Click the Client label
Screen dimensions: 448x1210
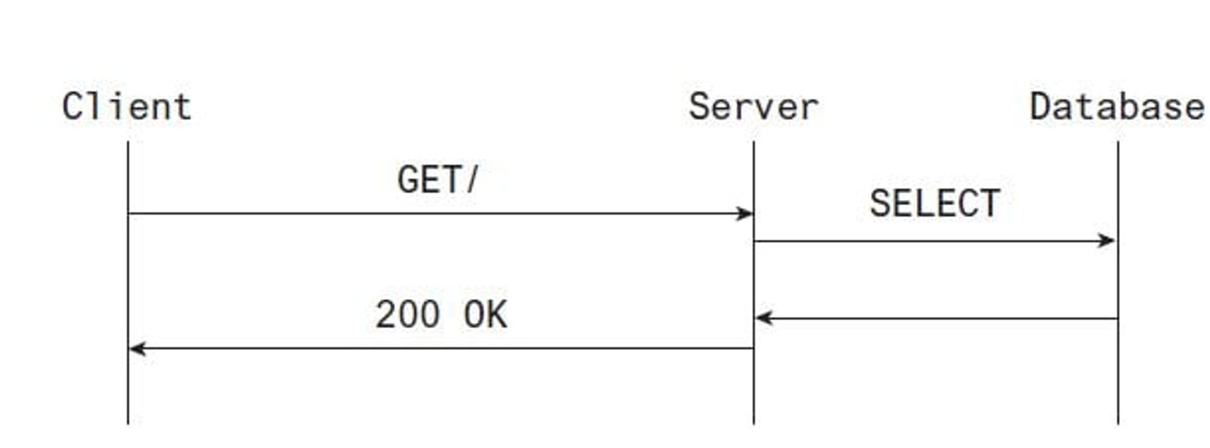127,106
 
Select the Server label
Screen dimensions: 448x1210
754,106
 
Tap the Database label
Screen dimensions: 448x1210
1117,106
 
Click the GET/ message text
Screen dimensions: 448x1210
438,180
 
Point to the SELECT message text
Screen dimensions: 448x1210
935,203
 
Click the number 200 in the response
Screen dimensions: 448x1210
407,314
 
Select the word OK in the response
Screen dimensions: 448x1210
485,314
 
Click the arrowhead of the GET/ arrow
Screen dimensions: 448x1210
746,213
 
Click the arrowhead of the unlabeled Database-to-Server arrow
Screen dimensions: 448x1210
763,318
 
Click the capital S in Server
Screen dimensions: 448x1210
700,106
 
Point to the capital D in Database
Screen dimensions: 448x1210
1041,106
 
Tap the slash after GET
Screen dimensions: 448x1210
472,180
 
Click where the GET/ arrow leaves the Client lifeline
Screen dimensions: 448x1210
128,213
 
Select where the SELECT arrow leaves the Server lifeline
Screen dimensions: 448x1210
754,240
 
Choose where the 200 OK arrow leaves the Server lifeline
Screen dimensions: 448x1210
754,348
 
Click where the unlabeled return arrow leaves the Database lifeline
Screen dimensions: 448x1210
1119,319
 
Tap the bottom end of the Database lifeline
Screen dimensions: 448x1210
1119,423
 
